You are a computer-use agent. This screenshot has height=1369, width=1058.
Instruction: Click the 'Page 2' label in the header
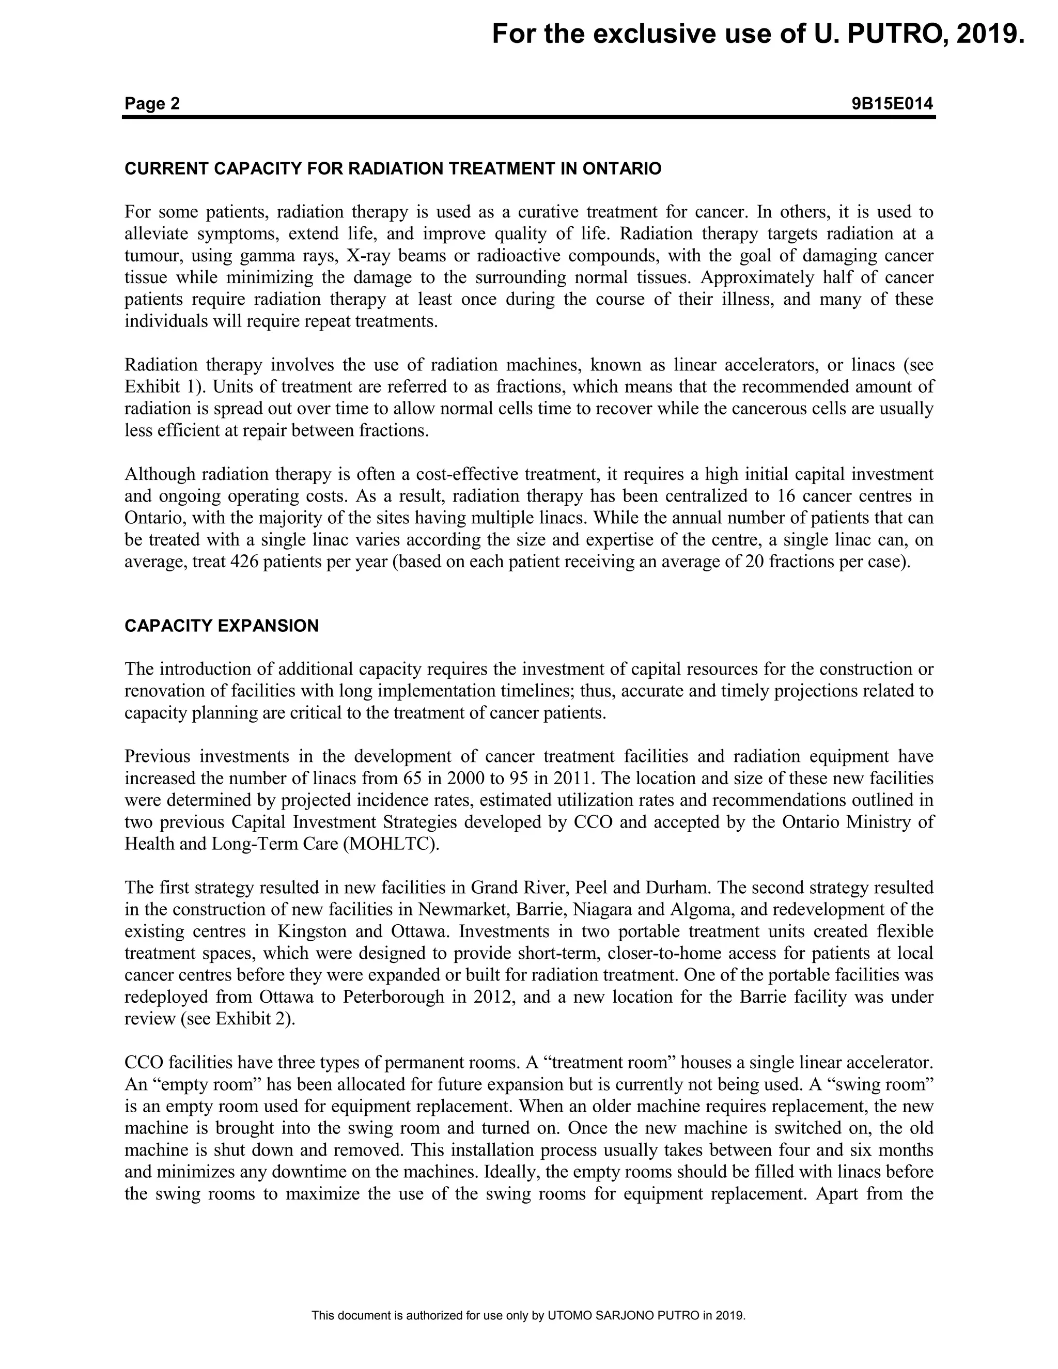click(x=152, y=103)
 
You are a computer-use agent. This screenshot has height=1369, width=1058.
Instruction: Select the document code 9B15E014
click(x=892, y=103)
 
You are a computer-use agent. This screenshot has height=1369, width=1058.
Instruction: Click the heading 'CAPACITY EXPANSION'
click(x=221, y=626)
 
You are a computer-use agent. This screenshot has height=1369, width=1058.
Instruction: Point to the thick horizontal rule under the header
click(x=528, y=117)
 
